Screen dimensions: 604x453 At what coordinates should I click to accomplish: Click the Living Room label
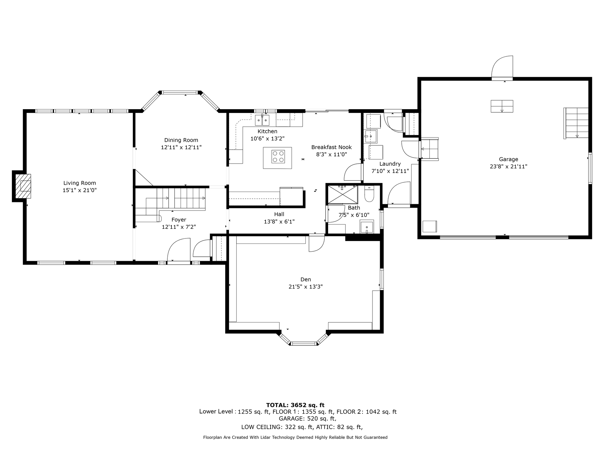pyautogui.click(x=80, y=183)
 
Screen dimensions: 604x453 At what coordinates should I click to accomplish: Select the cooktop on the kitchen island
pyautogui.click(x=278, y=157)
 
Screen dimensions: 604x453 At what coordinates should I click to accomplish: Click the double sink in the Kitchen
pyautogui.click(x=262, y=120)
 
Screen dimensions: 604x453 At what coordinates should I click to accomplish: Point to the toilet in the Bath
pyautogui.click(x=369, y=194)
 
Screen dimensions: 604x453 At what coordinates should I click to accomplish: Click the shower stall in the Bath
pyautogui.click(x=343, y=195)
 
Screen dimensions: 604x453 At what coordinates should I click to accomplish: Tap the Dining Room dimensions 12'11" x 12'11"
pyautogui.click(x=181, y=147)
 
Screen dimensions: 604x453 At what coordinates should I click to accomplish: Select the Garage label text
pyautogui.click(x=508, y=159)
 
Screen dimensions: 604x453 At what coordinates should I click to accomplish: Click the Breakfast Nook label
pyautogui.click(x=332, y=147)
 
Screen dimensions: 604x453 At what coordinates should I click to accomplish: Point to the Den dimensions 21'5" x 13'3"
pyautogui.click(x=306, y=287)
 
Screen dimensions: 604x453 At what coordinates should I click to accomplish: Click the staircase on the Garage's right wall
pyautogui.click(x=576, y=123)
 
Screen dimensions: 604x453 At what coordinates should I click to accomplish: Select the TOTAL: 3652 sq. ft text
pyautogui.click(x=295, y=405)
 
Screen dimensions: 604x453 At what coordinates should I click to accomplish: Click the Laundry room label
pyautogui.click(x=390, y=164)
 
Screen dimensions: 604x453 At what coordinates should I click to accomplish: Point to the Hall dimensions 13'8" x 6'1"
pyautogui.click(x=279, y=221)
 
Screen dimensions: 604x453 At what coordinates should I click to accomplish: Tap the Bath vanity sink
pyautogui.click(x=367, y=226)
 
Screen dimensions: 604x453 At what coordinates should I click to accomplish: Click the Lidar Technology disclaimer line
pyautogui.click(x=295, y=437)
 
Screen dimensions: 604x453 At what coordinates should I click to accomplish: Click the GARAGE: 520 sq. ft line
pyautogui.click(x=308, y=419)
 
